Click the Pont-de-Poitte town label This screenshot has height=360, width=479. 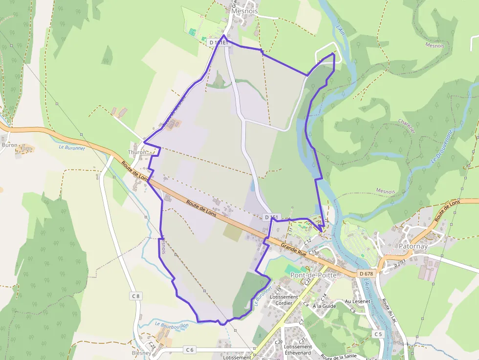313,275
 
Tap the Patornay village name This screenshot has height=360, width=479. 413,247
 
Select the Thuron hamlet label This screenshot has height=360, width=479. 137,152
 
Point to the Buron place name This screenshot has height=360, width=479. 9,145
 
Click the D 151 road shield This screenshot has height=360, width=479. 271,217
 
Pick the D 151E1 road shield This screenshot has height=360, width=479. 218,43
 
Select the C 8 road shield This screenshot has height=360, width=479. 135,296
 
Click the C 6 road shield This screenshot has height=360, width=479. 190,349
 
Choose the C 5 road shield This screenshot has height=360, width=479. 377,334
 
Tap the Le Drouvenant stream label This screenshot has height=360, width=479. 442,147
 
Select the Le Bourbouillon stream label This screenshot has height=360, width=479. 172,324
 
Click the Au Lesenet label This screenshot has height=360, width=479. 357,301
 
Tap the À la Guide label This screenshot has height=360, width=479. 325,306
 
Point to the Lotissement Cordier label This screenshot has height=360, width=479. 283,300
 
